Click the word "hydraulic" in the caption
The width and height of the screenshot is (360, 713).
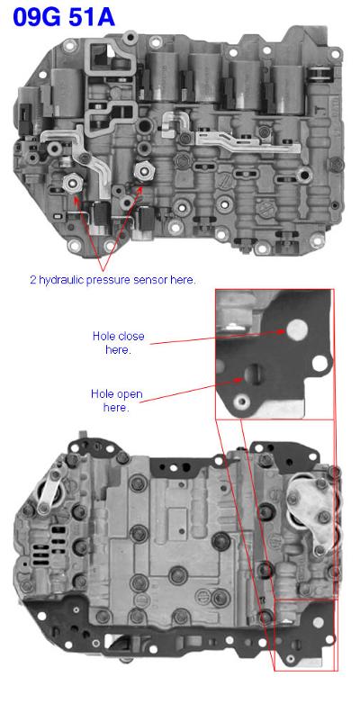60,280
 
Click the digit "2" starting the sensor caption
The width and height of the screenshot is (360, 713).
32,280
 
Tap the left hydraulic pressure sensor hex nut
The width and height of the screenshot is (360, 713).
73,183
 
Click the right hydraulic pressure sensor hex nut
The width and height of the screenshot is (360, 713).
143,170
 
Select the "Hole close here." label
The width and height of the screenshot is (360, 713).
118,343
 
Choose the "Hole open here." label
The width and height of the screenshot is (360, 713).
116,400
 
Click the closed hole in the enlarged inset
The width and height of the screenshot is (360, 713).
297,329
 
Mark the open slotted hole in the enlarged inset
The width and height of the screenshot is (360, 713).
253,374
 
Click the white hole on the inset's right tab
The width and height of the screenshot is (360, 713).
319,363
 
